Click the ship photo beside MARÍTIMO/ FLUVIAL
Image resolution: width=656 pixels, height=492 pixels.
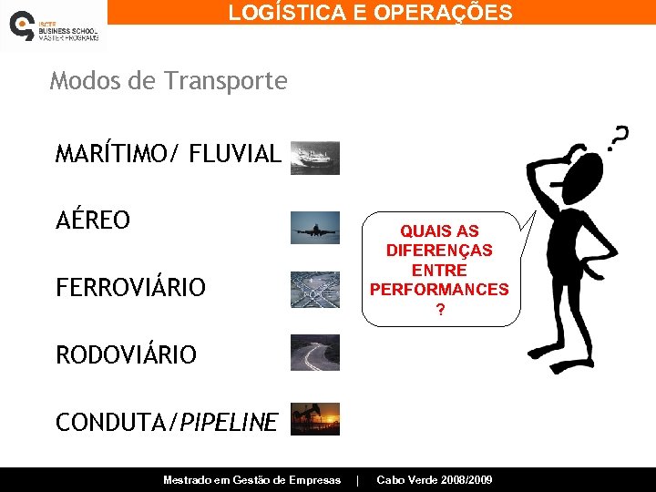pyautogui.click(x=315, y=158)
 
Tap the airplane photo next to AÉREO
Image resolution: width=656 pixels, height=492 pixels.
pyautogui.click(x=315, y=228)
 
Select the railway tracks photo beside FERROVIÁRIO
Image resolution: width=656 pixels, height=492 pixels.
pyautogui.click(x=315, y=289)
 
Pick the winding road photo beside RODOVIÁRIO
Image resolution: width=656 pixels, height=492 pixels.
pyautogui.click(x=315, y=353)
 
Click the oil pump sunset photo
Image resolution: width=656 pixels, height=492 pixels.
pyautogui.click(x=315, y=419)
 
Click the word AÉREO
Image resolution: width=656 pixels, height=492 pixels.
pyautogui.click(x=93, y=220)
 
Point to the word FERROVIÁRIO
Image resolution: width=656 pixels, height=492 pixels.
pyautogui.click(x=130, y=288)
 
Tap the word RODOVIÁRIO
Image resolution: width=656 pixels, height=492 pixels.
pyautogui.click(x=126, y=354)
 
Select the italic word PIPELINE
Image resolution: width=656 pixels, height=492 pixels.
pyautogui.click(x=229, y=422)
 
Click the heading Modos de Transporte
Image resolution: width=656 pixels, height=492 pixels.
pyautogui.click(x=169, y=81)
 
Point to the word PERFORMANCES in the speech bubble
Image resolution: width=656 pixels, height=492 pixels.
pyautogui.click(x=439, y=290)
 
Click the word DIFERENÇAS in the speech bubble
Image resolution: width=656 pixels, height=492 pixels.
pyautogui.click(x=439, y=251)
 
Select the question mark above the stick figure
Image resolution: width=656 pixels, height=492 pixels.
pyautogui.click(x=618, y=138)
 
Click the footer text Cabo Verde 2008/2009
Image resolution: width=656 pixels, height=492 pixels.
pyautogui.click(x=435, y=479)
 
